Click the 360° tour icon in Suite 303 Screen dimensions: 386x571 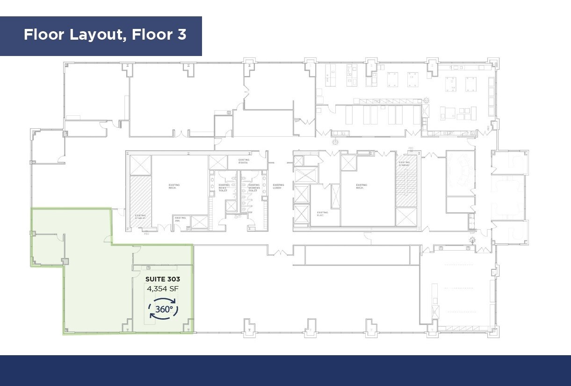point(164,309)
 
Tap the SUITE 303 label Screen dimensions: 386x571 point(162,279)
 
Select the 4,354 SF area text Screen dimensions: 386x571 point(162,288)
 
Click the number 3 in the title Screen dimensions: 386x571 point(182,35)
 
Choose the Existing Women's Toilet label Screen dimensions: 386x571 point(253,188)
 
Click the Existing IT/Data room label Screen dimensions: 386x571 point(244,161)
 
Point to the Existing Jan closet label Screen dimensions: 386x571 point(180,219)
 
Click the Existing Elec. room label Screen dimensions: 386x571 point(322,214)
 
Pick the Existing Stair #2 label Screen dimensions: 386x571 point(404,164)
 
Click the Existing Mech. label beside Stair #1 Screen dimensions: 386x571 point(174,187)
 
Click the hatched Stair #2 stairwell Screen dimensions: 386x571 point(406,184)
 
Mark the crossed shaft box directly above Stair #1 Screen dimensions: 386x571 point(140,165)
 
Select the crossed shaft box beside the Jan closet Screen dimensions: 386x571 point(199,222)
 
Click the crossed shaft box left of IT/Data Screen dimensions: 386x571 point(217,162)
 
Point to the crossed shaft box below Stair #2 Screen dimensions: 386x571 point(406,218)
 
